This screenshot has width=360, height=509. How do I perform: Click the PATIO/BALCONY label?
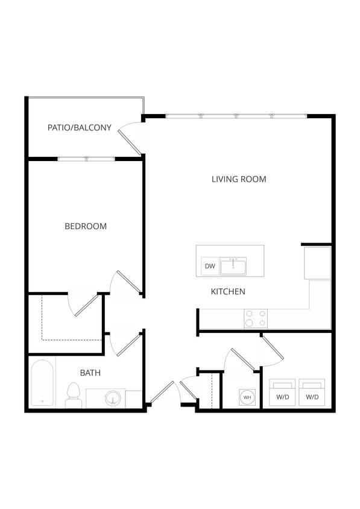tap(80, 127)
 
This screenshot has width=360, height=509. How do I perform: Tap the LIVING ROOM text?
tap(239, 179)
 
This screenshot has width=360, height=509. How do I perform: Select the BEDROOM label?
tap(86, 226)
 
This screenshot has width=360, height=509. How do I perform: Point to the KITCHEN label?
tap(228, 292)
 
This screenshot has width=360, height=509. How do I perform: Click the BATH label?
tap(90, 373)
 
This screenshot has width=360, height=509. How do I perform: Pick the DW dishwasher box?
tap(210, 266)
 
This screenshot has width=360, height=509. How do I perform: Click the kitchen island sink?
tap(233, 265)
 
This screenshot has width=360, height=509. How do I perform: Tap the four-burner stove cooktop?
tap(256, 318)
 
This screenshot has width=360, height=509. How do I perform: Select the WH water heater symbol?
tap(247, 397)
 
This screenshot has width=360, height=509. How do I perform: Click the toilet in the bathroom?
tap(73, 395)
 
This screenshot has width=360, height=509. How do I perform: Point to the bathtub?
tap(42, 383)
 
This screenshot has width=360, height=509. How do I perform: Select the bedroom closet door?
tap(85, 305)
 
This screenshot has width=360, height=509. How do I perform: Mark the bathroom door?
tap(128, 344)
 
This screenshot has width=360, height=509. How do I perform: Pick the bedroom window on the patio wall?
tap(86, 159)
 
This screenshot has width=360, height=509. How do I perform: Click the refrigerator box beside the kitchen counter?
tap(317, 263)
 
